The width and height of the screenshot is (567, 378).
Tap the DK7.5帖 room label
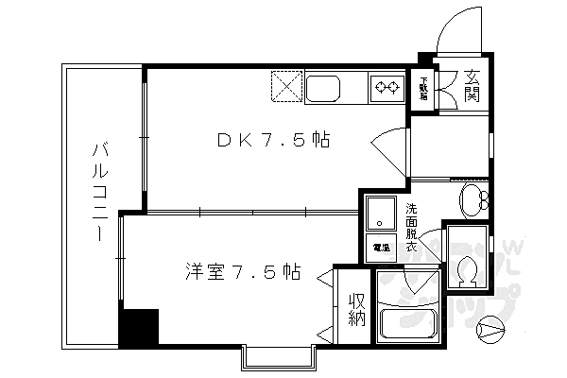pos(274,141)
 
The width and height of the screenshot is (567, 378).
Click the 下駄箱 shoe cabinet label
pos(424,89)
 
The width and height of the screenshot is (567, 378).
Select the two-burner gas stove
pos(386,89)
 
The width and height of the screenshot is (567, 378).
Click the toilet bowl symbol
pos(464,270)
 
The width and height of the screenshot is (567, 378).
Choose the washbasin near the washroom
pos(472,199)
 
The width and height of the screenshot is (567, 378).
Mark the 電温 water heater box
pos(380,248)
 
